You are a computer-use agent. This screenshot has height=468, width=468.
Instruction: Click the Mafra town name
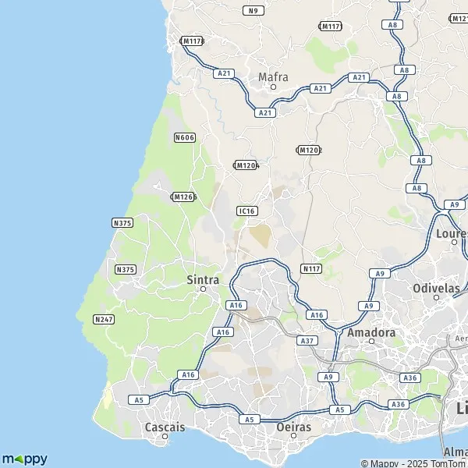point(273,76)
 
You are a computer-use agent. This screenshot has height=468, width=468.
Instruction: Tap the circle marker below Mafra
point(273,87)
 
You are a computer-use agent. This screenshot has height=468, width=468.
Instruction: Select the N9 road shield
point(252,10)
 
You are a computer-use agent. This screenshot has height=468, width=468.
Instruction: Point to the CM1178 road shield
point(191,41)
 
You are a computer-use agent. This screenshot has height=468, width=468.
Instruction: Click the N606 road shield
point(185,137)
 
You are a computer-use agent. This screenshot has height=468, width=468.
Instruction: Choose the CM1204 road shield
point(246,165)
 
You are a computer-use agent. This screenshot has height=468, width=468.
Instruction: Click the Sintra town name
point(203,278)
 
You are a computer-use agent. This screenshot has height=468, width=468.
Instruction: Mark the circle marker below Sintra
point(203,289)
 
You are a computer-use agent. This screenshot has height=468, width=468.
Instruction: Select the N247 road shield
point(104,319)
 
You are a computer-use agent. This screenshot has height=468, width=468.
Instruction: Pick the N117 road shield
point(312,268)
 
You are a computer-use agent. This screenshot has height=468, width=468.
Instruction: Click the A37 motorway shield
point(307,341)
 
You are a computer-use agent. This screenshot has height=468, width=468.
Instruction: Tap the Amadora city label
point(371,331)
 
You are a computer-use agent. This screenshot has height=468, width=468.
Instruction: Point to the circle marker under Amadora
point(371,341)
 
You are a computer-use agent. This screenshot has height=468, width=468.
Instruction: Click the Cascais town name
point(165,427)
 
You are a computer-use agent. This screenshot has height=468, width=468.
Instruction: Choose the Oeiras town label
point(294,427)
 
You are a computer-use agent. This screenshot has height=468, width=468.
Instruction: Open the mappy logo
point(25,459)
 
